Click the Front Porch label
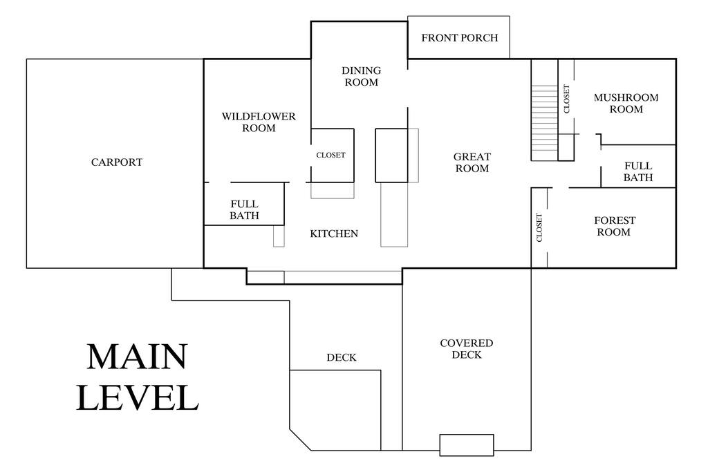(x=460, y=38)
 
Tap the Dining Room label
(x=361, y=76)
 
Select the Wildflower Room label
(x=259, y=122)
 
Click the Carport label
(x=116, y=162)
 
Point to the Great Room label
(x=472, y=162)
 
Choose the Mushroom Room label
(x=626, y=104)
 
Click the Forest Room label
(x=615, y=226)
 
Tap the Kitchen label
(x=334, y=234)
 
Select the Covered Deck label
(x=467, y=349)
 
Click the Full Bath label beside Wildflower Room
(x=244, y=210)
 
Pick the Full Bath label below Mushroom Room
(x=638, y=172)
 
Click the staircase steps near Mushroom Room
(x=544, y=119)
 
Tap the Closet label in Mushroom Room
(x=567, y=99)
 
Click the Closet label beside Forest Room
(x=539, y=227)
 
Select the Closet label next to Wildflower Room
(x=330, y=155)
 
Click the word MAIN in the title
(x=137, y=357)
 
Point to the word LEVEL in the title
(x=138, y=398)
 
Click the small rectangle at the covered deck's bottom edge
(x=467, y=445)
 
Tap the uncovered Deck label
(x=342, y=358)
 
